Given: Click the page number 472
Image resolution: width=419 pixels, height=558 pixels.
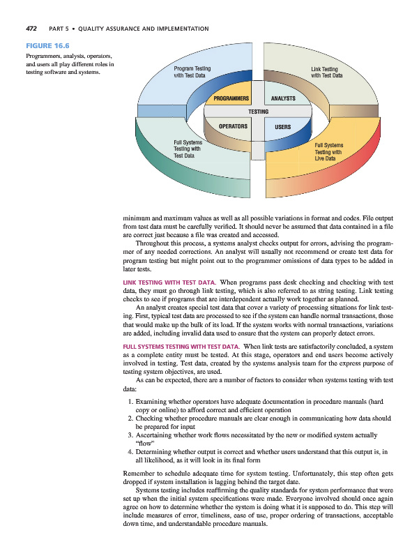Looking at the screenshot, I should click(x=31, y=29).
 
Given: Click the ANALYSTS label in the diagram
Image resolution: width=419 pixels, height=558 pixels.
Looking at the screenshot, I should click(x=284, y=98).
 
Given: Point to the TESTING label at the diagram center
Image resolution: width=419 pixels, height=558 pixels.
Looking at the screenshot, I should click(x=259, y=112).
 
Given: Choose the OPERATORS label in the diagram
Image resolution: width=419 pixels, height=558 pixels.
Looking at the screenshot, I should click(x=234, y=126).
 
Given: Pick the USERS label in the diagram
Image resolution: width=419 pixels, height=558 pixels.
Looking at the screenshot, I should click(x=282, y=127).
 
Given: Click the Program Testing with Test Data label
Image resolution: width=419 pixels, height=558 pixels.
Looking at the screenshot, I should click(x=192, y=73).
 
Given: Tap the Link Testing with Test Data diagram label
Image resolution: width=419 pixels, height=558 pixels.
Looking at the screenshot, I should click(x=325, y=73).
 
